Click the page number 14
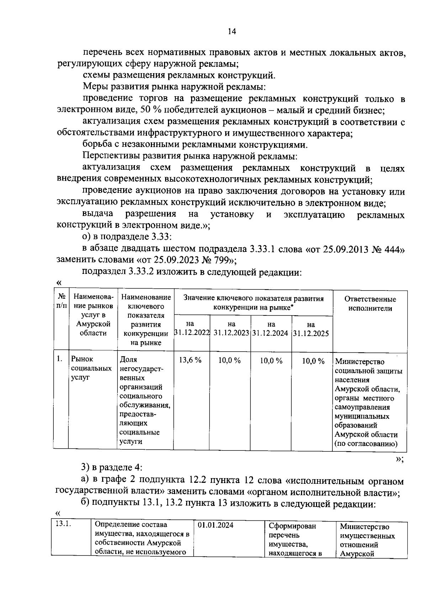coord(232,32)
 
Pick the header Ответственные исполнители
coord(370,304)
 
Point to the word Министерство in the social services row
coord(360,362)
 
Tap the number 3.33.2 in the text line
coord(139,272)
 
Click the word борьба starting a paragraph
coord(96,145)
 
